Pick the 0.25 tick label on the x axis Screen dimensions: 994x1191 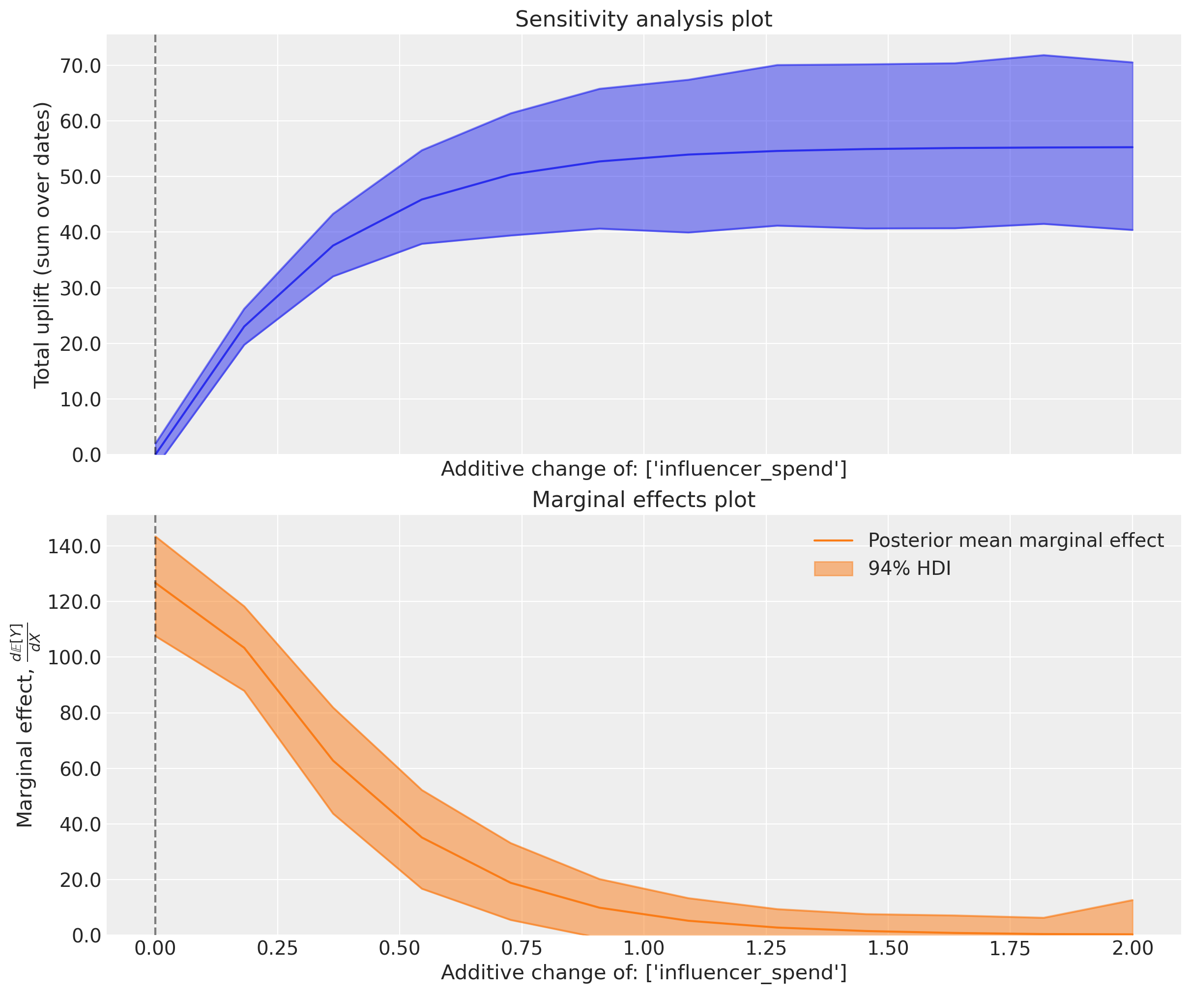click(277, 948)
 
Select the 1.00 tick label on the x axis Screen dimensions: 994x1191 click(644, 948)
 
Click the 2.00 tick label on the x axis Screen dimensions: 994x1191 click(1133, 948)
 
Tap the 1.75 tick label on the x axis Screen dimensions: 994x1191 click(1010, 948)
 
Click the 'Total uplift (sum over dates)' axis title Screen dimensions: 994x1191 click(43, 245)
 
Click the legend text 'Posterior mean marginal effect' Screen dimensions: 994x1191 click(1016, 540)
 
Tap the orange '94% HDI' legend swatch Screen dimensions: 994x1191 click(833, 568)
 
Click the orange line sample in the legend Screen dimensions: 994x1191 click(833, 541)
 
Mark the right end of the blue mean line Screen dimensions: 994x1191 click(1132, 147)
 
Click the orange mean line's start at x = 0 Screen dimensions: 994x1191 click(155, 582)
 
